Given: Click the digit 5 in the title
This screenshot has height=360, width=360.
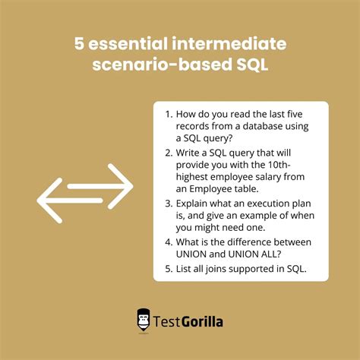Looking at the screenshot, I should click(x=80, y=44).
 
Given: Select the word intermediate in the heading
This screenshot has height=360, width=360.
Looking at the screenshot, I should click(x=232, y=44).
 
